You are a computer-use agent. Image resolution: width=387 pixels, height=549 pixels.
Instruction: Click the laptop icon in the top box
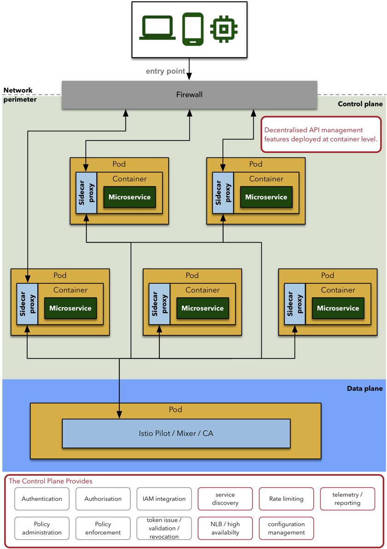158,28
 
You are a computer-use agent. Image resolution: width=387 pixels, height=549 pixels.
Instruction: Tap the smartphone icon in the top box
193,29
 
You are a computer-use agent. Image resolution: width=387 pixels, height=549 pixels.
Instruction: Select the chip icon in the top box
223,29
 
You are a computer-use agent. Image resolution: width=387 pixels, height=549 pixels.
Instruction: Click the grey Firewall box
189,95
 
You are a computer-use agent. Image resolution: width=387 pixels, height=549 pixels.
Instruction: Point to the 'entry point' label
165,71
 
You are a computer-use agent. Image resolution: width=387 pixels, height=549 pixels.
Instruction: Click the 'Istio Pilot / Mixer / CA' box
176,433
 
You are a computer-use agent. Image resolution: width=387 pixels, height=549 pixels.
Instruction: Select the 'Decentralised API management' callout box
321,134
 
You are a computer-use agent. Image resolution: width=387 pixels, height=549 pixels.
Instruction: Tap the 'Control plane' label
360,104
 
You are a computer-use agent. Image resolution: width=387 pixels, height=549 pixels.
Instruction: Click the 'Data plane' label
364,389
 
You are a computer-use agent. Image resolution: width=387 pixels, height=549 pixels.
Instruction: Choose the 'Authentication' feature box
42,499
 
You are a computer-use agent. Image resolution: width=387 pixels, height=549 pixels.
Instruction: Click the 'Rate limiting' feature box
286,499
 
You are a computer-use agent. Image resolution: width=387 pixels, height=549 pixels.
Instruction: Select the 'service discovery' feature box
225,499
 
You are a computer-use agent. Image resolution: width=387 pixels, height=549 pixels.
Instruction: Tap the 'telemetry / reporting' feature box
347,499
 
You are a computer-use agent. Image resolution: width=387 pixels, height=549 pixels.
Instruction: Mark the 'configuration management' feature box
286,528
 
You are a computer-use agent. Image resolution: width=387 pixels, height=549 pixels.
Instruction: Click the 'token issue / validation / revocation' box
164,528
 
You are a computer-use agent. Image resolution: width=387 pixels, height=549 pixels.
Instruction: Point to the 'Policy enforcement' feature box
103,528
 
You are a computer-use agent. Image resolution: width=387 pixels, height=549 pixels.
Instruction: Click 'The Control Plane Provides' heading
51,481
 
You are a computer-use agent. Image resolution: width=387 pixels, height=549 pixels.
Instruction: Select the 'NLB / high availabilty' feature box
225,528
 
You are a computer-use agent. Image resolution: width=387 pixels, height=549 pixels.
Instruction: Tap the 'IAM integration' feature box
164,499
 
